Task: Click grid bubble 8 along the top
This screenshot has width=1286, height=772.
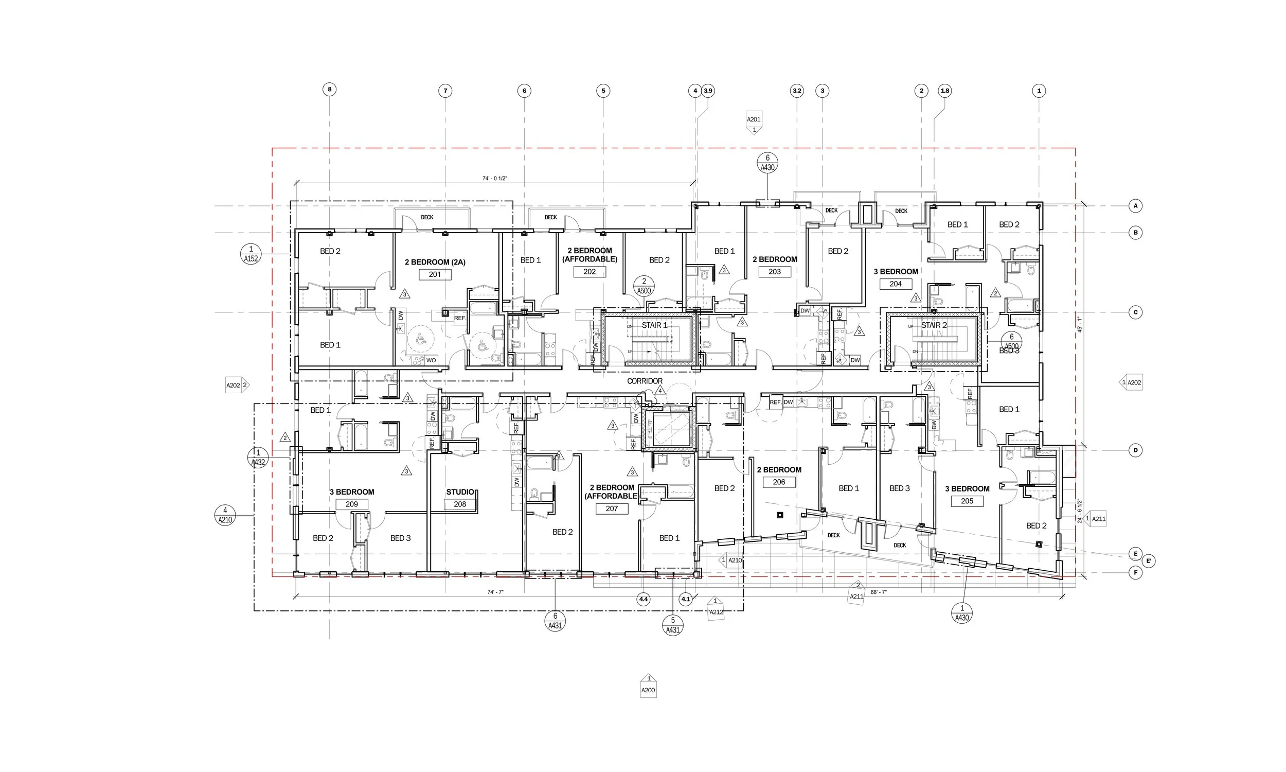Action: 329,90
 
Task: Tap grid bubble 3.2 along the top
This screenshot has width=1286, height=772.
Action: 796,91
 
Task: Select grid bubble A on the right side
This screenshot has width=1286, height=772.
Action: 1135,206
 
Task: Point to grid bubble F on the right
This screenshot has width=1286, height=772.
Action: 1135,573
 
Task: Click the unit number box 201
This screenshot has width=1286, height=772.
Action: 435,274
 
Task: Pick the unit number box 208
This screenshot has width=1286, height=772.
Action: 459,503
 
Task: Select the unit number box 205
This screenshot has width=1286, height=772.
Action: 967,501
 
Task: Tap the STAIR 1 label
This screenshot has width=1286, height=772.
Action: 654,325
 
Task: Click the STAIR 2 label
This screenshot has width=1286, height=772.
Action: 934,325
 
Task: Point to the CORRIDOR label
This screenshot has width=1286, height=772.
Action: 645,381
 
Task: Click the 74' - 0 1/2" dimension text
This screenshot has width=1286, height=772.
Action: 494,179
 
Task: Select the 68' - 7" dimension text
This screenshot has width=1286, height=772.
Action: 878,592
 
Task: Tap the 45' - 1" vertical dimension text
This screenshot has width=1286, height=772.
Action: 1079,325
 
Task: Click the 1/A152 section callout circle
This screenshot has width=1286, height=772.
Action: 251,254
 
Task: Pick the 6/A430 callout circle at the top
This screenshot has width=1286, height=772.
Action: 767,162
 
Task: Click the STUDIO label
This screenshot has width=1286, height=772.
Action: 460,492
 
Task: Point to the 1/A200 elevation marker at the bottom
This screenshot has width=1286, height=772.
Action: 648,686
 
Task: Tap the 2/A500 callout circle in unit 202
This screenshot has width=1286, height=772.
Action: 644,286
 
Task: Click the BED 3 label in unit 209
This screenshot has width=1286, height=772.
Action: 400,538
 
